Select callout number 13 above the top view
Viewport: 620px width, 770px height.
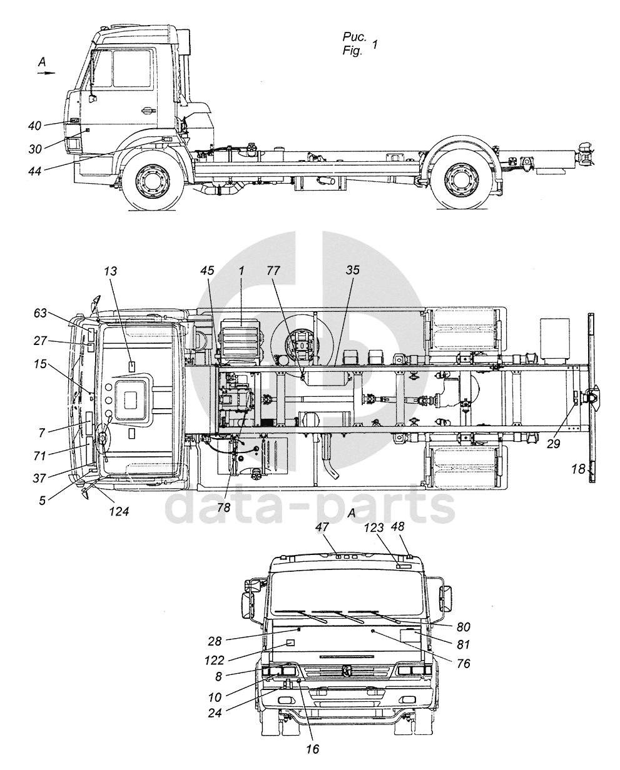coord(111,271)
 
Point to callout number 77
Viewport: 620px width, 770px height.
coord(273,271)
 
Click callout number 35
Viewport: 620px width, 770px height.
coord(353,271)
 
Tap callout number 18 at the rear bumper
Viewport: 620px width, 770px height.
coord(579,468)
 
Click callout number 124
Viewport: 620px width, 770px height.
coord(119,511)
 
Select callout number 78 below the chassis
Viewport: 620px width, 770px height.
coord(223,507)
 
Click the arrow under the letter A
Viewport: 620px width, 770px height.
coord(46,73)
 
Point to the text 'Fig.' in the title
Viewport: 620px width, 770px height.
coord(353,52)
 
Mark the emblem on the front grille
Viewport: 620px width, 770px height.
coord(346,671)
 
